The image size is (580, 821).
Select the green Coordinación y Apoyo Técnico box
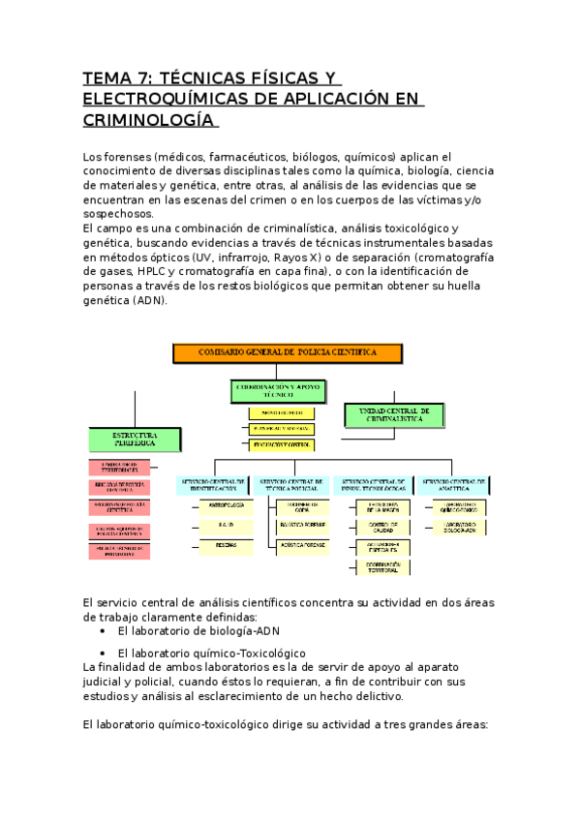pyautogui.click(x=278, y=389)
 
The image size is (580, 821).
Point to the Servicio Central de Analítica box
pyautogui.click(x=453, y=485)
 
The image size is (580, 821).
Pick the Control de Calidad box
pyautogui.click(x=377, y=526)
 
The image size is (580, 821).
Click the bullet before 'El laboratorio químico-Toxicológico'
pyautogui.click(x=104, y=653)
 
